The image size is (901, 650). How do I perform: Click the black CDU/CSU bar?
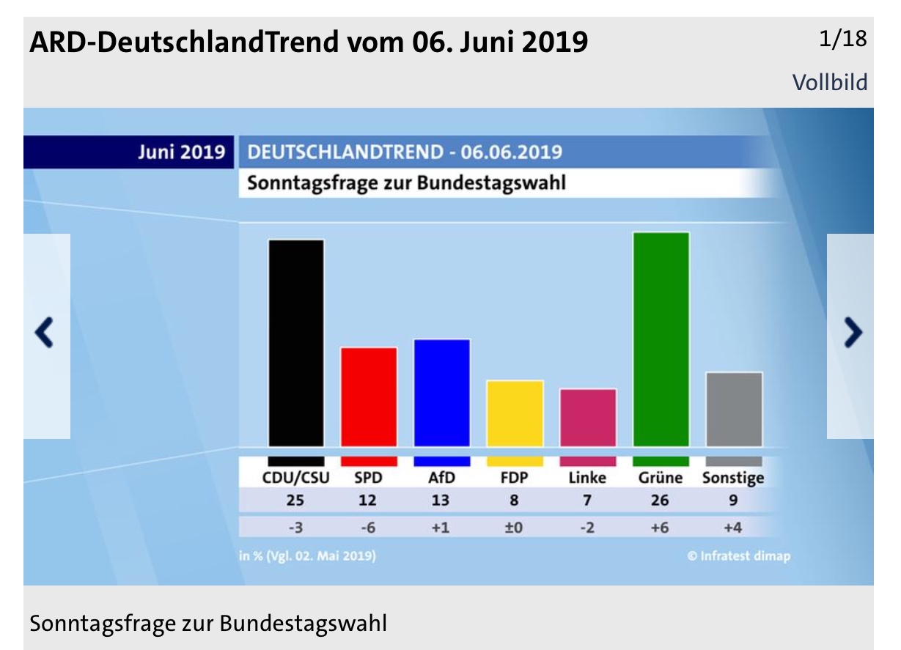click(296, 343)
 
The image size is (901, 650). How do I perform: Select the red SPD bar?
click(369, 396)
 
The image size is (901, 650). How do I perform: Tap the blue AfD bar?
click(441, 393)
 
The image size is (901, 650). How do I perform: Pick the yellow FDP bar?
click(515, 413)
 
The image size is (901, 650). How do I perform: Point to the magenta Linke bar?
click(587, 418)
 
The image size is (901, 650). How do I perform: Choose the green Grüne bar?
click(661, 339)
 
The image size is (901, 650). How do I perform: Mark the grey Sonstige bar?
click(733, 410)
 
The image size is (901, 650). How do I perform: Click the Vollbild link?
click(829, 82)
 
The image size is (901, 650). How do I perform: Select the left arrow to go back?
click(45, 334)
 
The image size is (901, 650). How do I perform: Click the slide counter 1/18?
click(842, 40)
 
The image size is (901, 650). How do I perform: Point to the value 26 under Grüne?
click(660, 501)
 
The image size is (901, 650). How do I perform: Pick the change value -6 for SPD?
click(367, 528)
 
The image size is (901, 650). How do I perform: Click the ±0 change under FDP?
click(513, 528)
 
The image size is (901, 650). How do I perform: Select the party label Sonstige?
click(732, 478)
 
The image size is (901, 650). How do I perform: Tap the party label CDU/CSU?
click(296, 478)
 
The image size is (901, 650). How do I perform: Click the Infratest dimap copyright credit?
click(738, 556)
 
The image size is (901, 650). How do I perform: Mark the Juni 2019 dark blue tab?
click(129, 152)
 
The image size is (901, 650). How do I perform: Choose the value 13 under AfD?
click(441, 501)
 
